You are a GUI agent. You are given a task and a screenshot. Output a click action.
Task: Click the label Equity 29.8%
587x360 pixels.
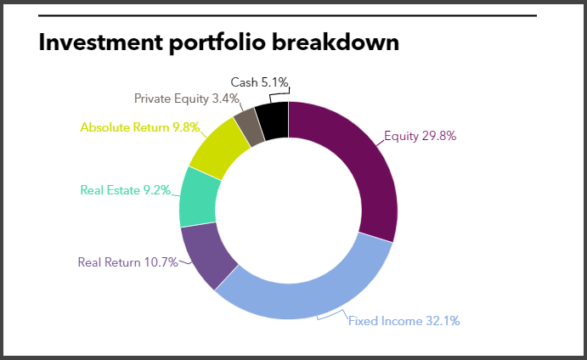pos(420,136)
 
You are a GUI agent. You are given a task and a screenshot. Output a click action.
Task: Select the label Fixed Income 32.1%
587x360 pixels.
pos(404,321)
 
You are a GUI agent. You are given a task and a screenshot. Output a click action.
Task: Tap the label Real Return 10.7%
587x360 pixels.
pos(127,262)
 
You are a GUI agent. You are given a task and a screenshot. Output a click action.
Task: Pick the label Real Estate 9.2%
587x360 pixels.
pos(126,190)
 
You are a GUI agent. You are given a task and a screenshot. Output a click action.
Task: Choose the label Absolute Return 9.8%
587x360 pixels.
pos(139,127)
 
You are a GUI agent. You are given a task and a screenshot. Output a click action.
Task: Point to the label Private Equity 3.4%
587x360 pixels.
pos(186,98)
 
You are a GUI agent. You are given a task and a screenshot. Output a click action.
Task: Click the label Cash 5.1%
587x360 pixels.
pos(259,82)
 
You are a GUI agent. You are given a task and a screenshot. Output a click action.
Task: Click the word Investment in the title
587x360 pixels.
pos(100,42)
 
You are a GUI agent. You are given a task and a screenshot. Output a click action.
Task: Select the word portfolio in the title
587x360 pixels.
pos(217,43)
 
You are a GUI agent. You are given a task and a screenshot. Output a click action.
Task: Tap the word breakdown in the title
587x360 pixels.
pos(336,42)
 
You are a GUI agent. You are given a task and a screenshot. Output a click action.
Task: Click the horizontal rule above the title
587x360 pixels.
pos(287,16)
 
